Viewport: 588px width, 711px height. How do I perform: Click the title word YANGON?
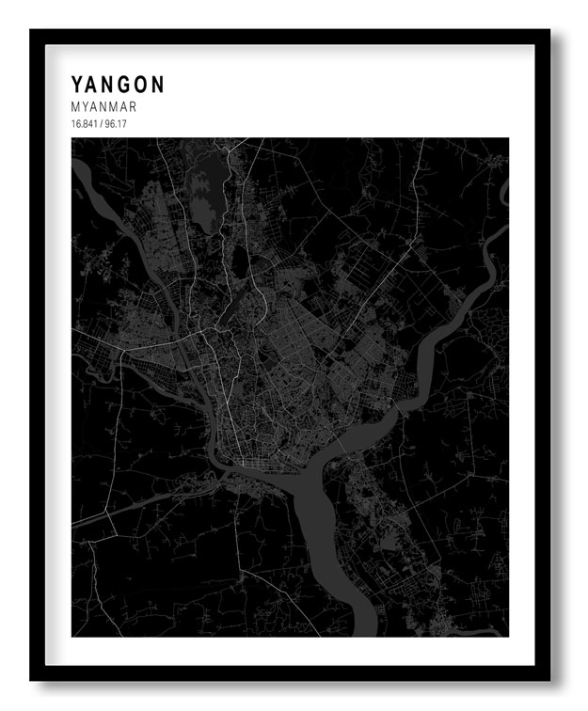coord(118,85)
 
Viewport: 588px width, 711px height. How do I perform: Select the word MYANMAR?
coord(103,107)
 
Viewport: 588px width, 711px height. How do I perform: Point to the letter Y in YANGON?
coord(77,85)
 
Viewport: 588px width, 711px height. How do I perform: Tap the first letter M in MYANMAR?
coord(75,107)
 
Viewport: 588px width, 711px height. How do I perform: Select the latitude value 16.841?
coord(83,124)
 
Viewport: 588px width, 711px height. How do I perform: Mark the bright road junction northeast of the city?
coord(411,242)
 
